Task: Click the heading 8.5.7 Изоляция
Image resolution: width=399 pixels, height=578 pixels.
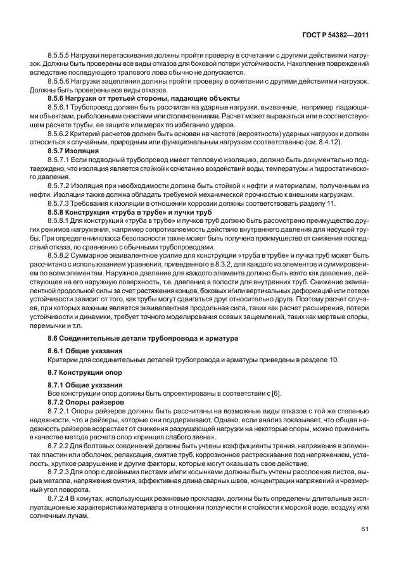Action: point(73,153)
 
